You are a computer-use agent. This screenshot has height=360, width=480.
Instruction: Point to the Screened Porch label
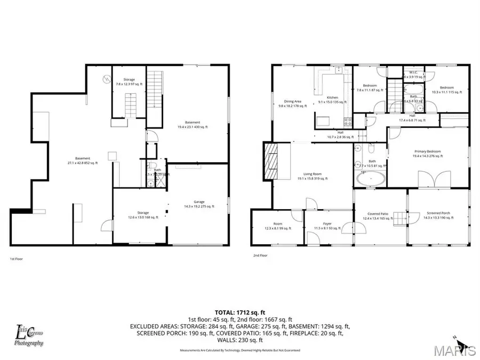tap(437, 215)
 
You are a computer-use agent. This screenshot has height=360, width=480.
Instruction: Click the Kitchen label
tap(332, 100)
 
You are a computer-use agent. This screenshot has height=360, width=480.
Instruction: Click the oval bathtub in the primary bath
tap(370, 180)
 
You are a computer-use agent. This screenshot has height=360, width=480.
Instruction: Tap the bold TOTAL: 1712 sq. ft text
tap(240, 312)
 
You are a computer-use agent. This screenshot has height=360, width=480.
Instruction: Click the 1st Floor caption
tap(16, 259)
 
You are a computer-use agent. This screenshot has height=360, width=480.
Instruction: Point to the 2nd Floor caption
tap(260, 255)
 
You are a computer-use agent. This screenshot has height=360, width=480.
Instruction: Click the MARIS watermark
tap(454, 350)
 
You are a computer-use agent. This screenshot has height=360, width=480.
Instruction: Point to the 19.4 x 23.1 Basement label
tap(193, 125)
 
